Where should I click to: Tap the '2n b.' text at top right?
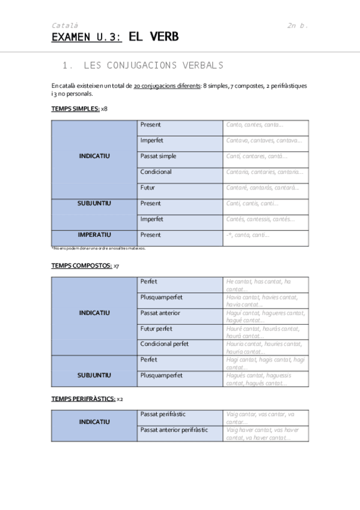[x=297, y=25]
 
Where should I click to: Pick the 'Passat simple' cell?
[x=159, y=156]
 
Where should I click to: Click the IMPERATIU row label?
[x=94, y=235]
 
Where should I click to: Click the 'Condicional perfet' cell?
[x=165, y=344]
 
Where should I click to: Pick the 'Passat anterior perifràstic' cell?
[x=174, y=430]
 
